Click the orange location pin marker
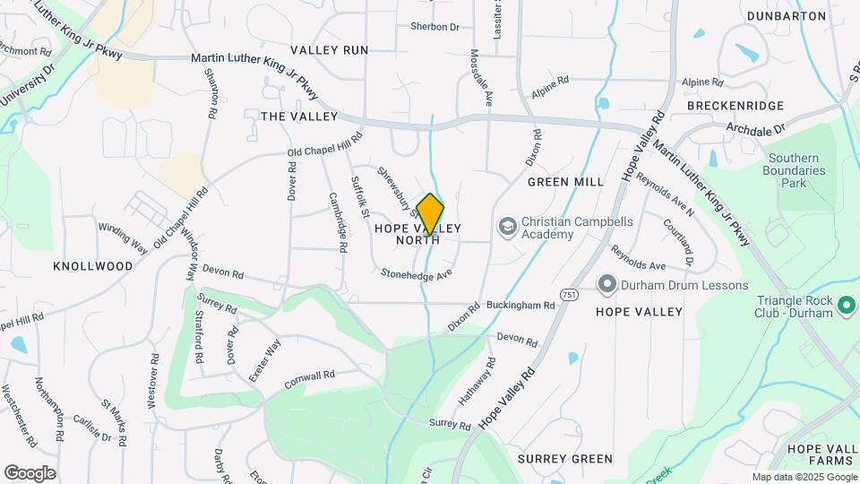[x=430, y=214]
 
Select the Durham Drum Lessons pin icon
[x=606, y=285]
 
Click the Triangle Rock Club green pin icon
[x=846, y=307]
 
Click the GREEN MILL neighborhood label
[x=564, y=182]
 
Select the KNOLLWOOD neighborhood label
[x=92, y=266]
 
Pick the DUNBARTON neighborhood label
[x=786, y=16]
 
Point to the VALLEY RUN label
[x=329, y=50]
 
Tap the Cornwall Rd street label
[x=309, y=379]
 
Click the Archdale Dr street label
[x=755, y=129]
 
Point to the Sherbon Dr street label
[x=434, y=27]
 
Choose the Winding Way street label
[x=123, y=237]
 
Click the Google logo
[x=30, y=472]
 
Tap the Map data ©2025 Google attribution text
[x=804, y=478]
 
